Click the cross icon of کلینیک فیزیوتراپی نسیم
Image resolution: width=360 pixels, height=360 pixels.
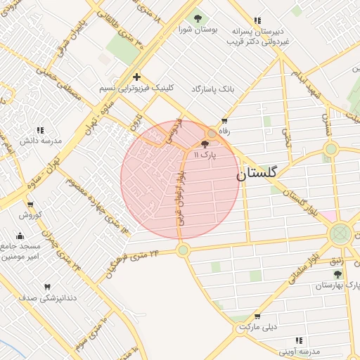136,77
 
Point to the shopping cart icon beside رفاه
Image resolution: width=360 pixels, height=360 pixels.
224,121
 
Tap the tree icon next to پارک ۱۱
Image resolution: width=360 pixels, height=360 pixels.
205,143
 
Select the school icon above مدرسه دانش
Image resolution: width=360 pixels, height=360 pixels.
41,130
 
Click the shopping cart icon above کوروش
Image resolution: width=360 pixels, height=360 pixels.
31,204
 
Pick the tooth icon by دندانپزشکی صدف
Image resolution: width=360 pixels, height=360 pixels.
48,287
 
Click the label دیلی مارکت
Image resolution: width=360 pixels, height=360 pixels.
259,328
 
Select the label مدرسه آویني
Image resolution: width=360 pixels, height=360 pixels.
299,350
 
